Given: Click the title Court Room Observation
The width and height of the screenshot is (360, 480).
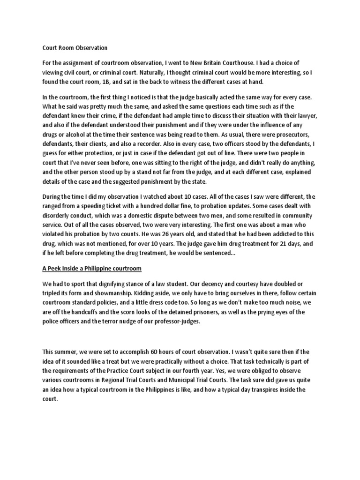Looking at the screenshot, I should (x=75, y=48).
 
